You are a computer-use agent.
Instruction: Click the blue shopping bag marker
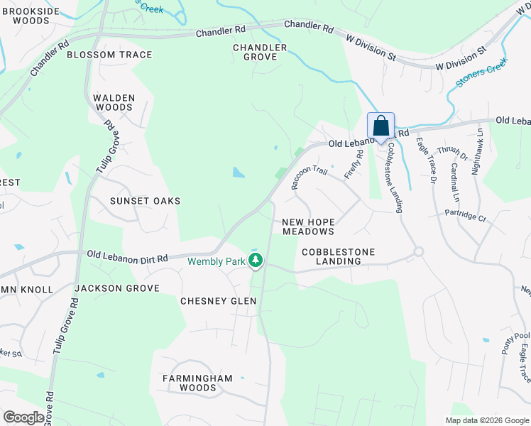click(381, 126)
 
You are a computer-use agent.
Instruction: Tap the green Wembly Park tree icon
click(256, 261)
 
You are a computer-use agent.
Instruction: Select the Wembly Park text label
click(216, 261)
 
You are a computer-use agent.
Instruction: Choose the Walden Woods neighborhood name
click(114, 102)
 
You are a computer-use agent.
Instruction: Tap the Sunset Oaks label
click(145, 201)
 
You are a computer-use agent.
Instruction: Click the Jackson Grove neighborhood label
click(116, 288)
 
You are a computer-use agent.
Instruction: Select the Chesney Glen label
click(218, 301)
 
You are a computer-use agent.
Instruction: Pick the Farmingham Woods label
click(197, 383)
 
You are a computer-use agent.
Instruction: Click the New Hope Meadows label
click(308, 226)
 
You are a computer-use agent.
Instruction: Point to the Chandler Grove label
click(260, 53)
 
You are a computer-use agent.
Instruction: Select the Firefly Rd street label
click(354, 164)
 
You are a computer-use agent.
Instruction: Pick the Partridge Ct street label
click(465, 216)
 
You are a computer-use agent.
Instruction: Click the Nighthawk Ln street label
click(479, 151)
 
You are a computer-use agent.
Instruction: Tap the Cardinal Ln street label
click(454, 182)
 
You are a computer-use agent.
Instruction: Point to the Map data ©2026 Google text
click(487, 420)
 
